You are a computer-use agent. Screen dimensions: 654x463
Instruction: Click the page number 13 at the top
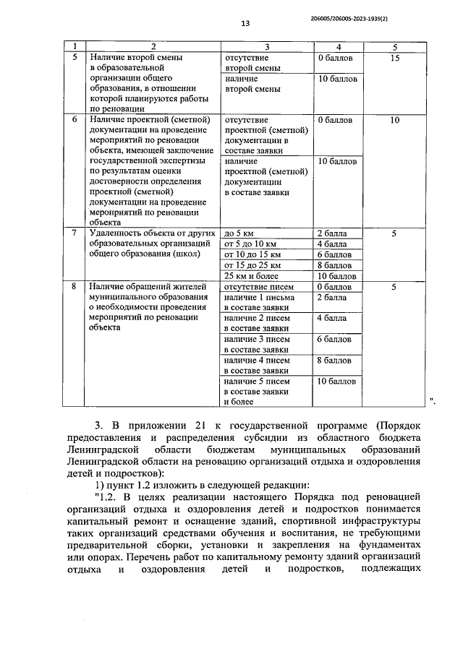pos(245,23)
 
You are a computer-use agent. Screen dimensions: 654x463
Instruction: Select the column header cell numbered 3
pos(267,47)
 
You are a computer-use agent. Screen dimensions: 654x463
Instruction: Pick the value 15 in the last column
pos(394,57)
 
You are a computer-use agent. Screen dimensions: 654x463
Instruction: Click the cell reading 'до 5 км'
pos(240,233)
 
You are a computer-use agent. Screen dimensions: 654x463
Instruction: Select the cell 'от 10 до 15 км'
pos(252,254)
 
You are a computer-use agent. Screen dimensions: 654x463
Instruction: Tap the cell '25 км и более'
pos(251,276)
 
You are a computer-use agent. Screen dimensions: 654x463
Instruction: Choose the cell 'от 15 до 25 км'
pos(252,265)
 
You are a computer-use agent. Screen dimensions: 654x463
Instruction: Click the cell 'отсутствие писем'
pos(258,287)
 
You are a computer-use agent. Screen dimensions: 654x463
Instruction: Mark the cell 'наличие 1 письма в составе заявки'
pos(259,303)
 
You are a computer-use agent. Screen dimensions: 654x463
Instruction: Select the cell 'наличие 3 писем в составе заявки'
pos(259,344)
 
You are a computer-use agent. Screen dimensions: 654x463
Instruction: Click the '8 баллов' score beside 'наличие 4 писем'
pos(334,360)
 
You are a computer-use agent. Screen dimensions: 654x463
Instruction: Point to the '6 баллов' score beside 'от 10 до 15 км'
pos(334,254)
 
